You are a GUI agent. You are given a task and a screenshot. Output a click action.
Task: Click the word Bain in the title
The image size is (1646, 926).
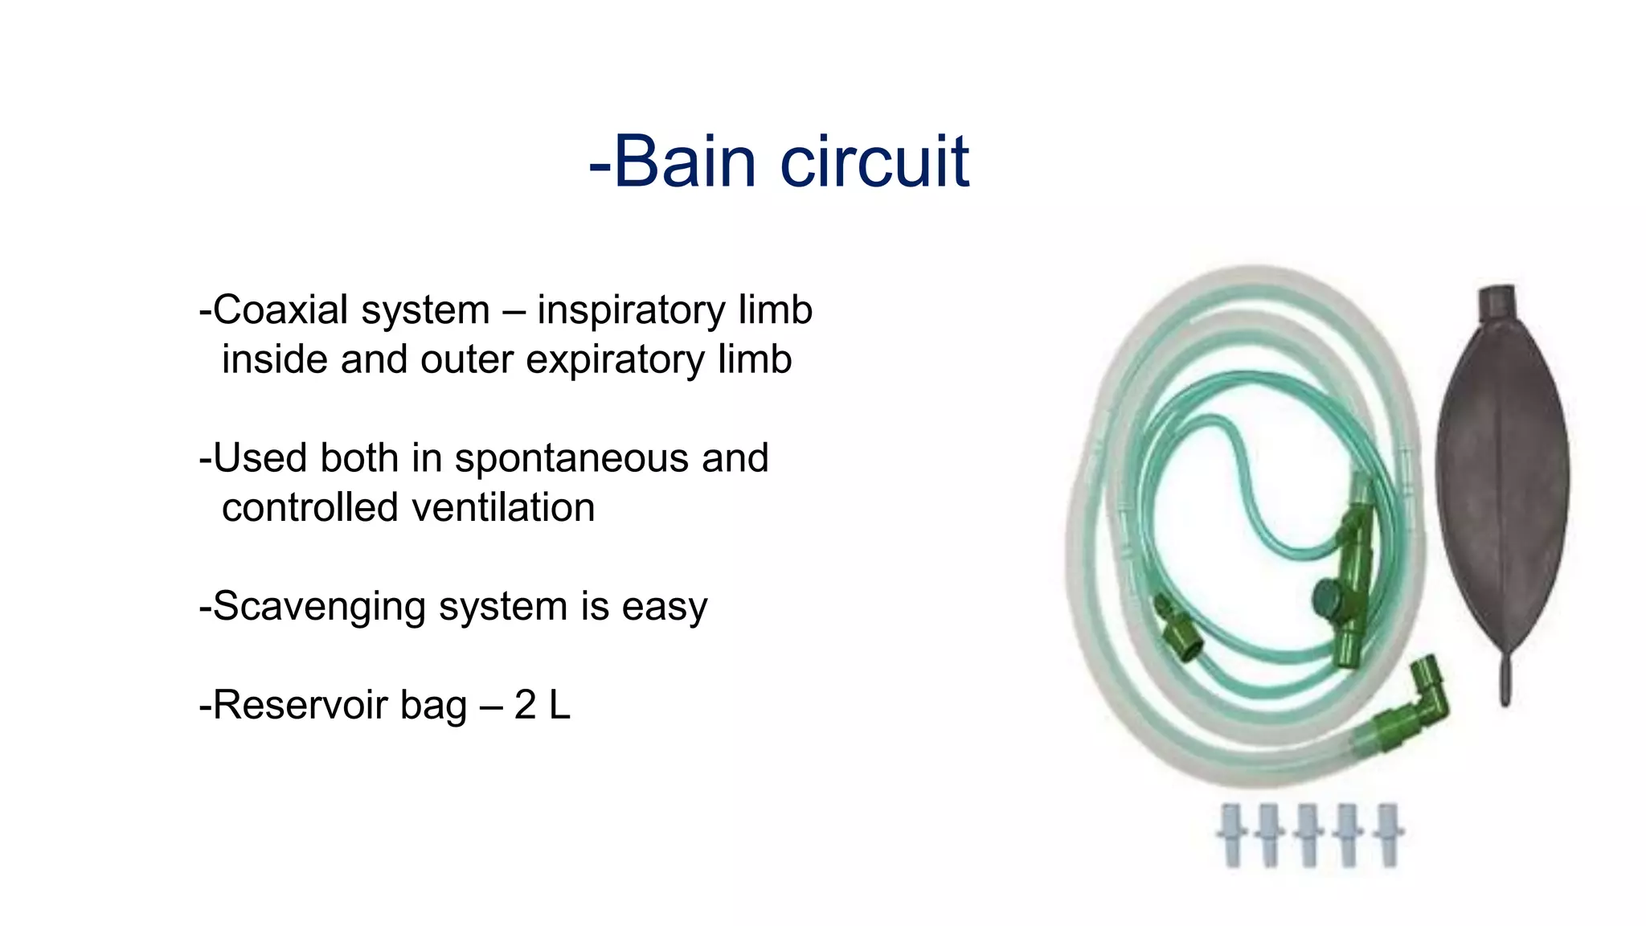685,162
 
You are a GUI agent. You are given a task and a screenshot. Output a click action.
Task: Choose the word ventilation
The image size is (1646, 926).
503,508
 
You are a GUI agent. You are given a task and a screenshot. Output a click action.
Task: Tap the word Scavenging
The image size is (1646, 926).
318,607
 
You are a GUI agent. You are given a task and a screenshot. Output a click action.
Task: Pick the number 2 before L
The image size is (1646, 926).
525,705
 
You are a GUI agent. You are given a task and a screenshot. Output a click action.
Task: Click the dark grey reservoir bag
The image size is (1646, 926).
1501,482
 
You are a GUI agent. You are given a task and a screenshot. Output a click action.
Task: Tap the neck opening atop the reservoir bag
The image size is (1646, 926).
1496,301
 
